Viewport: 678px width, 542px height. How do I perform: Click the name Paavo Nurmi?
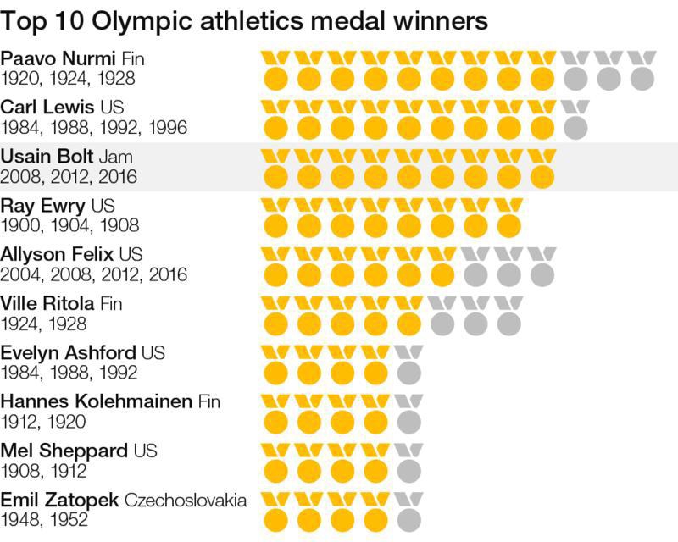coord(59,58)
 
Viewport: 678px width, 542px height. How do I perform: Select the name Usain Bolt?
coord(47,158)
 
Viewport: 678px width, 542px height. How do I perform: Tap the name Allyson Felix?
coord(58,255)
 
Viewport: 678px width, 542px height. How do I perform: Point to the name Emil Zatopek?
coord(60,500)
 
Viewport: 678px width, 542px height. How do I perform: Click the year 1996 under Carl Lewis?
coord(168,128)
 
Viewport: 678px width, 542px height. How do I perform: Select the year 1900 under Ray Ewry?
coord(23,226)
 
